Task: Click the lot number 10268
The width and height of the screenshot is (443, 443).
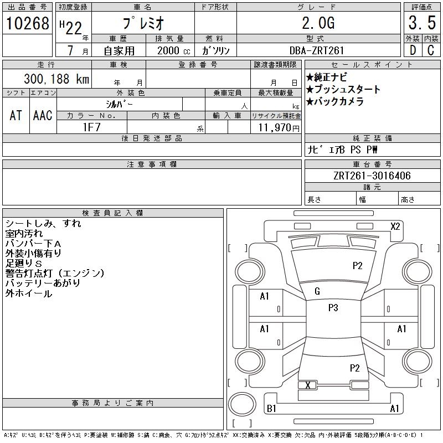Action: click(x=27, y=23)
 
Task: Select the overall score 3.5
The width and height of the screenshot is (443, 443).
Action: click(x=421, y=23)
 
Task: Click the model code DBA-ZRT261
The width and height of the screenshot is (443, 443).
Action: click(x=318, y=50)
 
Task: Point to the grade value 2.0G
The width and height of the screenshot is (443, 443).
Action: click(x=318, y=23)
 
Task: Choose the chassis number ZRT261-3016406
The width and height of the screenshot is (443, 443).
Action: click(x=372, y=176)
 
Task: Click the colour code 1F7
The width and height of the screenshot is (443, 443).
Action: click(x=91, y=127)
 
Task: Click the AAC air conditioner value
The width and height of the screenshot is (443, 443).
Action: click(x=43, y=115)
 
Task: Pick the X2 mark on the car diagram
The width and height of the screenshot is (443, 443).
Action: click(x=395, y=226)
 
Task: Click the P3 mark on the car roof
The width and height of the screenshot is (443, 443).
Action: click(x=333, y=307)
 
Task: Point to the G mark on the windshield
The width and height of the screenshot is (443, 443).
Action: click(x=317, y=291)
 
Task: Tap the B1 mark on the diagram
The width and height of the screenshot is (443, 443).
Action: click(x=271, y=409)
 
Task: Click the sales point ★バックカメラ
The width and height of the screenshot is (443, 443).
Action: click(x=335, y=101)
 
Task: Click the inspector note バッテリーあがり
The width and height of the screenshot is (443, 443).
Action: click(x=43, y=283)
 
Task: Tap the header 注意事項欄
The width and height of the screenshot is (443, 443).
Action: click(x=152, y=164)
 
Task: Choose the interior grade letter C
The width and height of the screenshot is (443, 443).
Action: click(x=430, y=50)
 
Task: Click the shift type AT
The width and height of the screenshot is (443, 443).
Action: click(x=16, y=115)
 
